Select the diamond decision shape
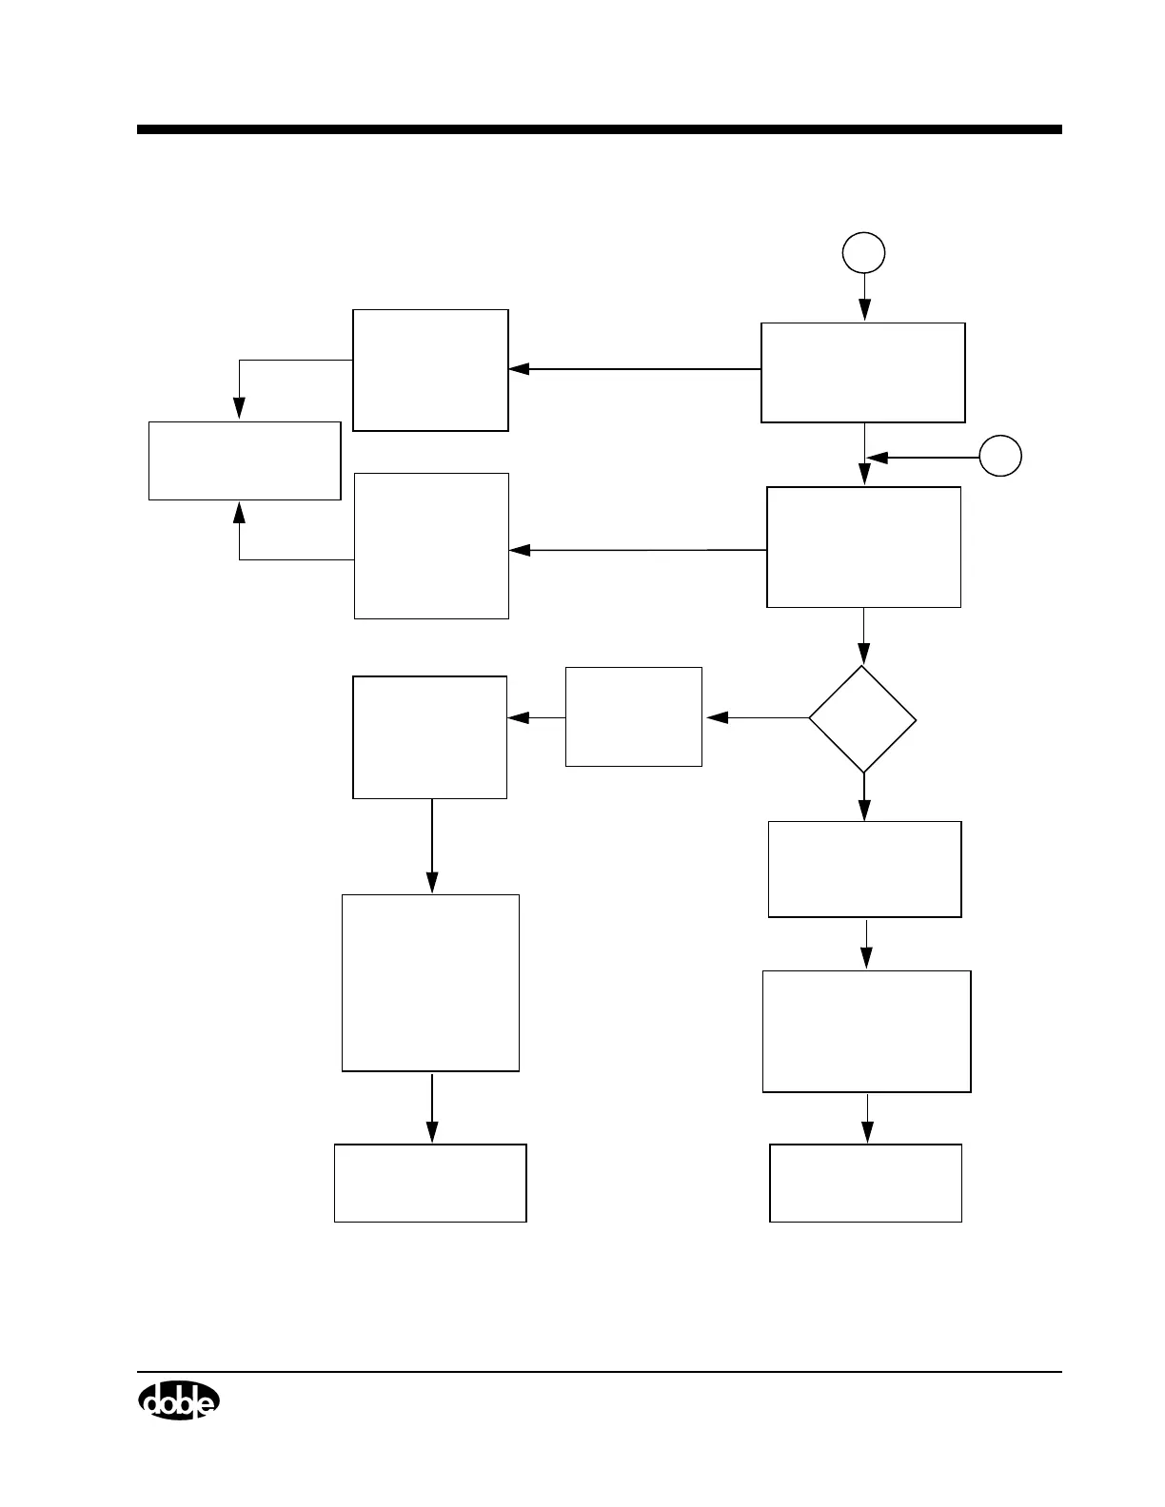862,718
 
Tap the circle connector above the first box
864,253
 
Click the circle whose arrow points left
1001,457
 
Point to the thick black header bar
599,129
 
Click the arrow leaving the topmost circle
864,297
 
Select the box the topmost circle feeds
862,372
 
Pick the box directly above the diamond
863,547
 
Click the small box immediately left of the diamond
633,716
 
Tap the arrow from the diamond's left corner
757,718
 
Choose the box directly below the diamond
864,869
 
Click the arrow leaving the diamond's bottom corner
864,797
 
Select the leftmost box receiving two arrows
245,460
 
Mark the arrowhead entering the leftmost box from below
239,513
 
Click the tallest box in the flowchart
430,983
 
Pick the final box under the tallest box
430,1183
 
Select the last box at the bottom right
865,1183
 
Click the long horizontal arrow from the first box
635,369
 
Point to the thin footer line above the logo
599,1372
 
